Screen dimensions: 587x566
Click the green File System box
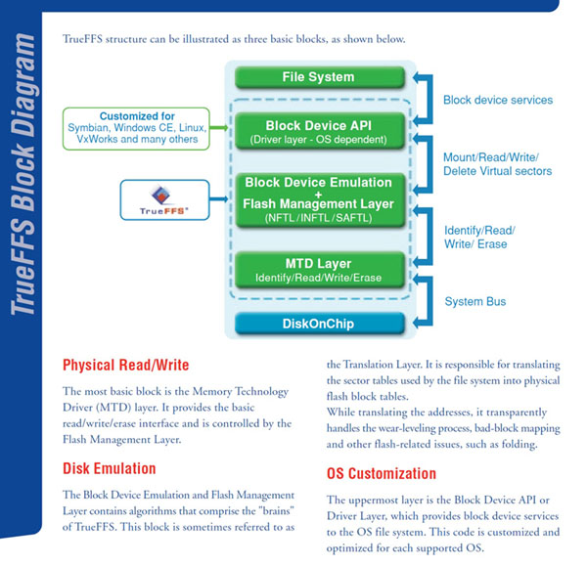319,77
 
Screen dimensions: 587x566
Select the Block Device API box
319,131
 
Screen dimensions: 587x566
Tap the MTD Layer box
319,270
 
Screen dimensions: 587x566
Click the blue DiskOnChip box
319,324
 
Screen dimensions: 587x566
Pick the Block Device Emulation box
319,200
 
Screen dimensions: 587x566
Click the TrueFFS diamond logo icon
161,195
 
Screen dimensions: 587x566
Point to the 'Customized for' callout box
136,128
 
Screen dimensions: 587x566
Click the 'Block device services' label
498,100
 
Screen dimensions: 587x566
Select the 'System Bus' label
475,301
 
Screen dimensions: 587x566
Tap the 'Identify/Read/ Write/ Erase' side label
479,238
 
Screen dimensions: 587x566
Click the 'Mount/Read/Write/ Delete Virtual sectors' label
498,164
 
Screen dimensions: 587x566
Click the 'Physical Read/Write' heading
126,365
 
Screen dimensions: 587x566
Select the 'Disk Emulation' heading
109,468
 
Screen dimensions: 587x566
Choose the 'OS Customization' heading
382,473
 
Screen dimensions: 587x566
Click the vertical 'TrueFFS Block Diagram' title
23,174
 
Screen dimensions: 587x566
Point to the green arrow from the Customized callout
219,128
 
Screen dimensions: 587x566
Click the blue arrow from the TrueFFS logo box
219,199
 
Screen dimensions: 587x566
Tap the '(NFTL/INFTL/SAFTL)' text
319,218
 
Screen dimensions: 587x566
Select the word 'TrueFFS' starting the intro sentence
82,39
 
